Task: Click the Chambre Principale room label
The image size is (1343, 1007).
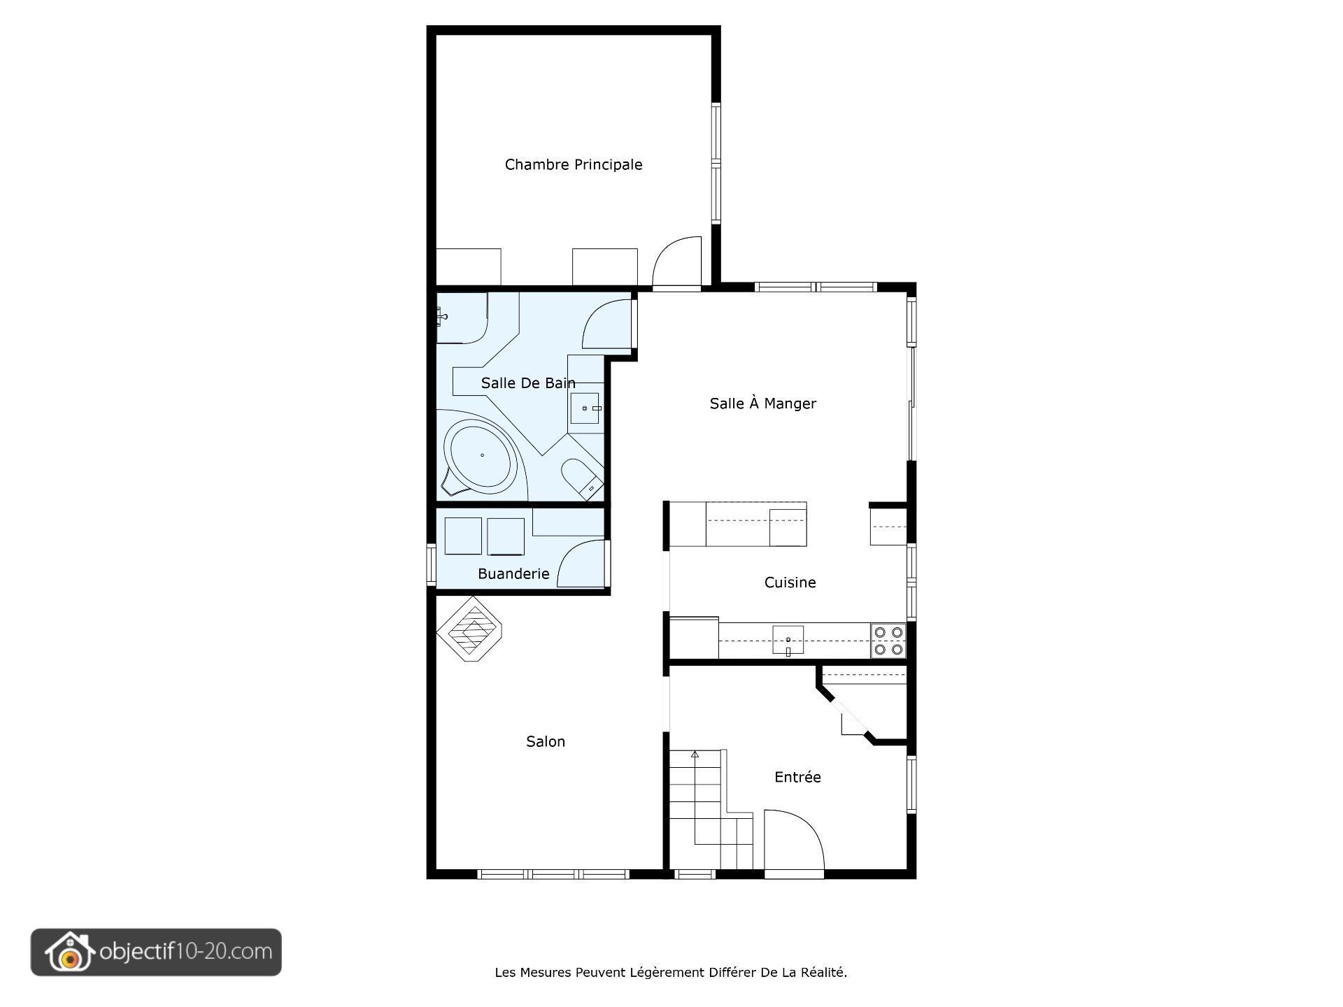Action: coord(574,164)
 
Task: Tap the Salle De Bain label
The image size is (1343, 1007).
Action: coord(528,383)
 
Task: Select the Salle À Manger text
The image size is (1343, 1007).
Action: coord(762,403)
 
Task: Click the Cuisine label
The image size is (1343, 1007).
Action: coord(790,583)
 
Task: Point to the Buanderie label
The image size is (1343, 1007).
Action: coord(513,573)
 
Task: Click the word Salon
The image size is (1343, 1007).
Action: coord(545,741)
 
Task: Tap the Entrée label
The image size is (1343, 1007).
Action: coord(797,777)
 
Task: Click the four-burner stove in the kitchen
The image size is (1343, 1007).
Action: coord(888,641)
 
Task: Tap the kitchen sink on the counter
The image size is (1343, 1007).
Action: coord(788,640)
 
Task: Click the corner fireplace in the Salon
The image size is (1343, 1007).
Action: coord(471,629)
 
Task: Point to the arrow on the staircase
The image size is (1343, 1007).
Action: coord(695,755)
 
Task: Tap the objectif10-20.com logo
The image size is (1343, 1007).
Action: coord(156,952)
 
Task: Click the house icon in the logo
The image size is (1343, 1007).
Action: coord(69,952)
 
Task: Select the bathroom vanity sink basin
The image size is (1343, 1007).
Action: coord(584,408)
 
